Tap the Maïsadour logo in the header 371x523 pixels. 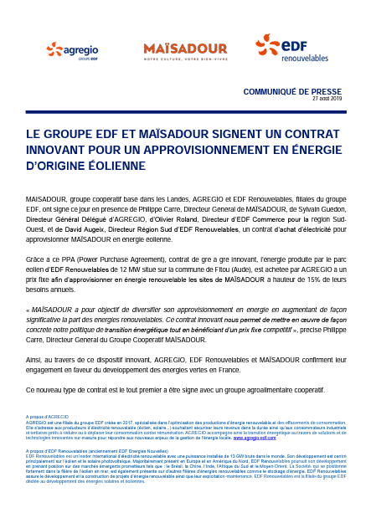click(x=185, y=51)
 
